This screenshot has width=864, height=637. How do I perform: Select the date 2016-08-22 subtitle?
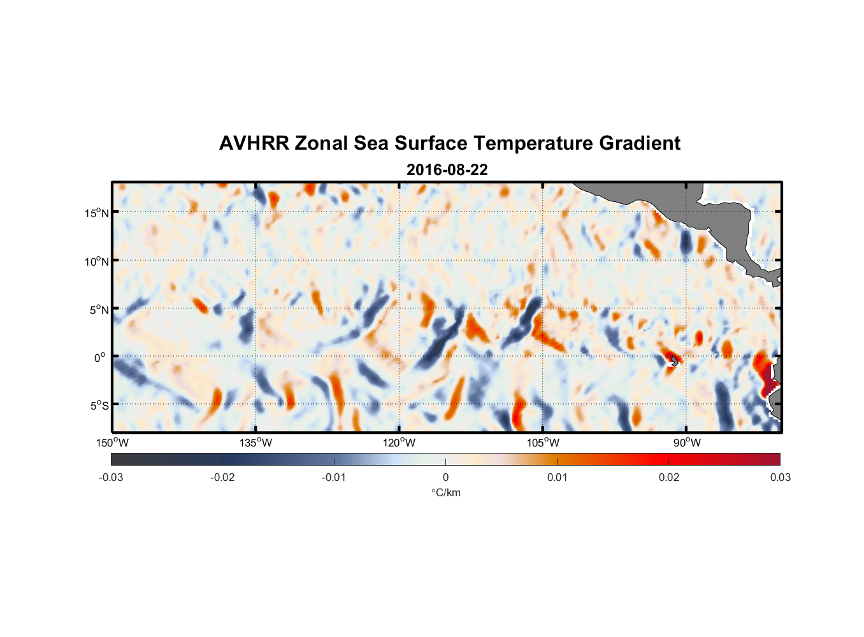447,170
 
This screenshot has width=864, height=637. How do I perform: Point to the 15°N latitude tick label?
97,213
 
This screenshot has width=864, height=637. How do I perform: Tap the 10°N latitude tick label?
97,261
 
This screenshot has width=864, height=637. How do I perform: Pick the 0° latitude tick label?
100,358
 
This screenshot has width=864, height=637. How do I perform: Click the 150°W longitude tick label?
113,443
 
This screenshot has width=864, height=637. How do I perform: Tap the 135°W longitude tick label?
256,443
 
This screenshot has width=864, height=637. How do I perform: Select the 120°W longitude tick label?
400,443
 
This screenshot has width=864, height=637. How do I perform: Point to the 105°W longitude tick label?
543,443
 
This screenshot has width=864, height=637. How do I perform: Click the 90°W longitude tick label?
686,443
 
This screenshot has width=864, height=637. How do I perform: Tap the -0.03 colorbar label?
111,478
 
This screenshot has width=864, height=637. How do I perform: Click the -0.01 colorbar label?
334,478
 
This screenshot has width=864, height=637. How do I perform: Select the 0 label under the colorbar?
445,478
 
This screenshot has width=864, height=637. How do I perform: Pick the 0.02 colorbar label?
669,478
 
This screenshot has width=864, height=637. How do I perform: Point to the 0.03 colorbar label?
780,478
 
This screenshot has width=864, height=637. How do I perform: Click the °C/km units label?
446,493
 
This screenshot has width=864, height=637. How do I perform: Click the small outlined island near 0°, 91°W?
674,361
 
